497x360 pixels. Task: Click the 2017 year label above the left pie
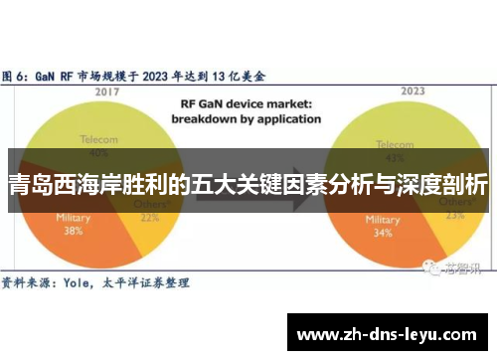coord(106,91)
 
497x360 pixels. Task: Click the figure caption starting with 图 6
coord(139,74)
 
